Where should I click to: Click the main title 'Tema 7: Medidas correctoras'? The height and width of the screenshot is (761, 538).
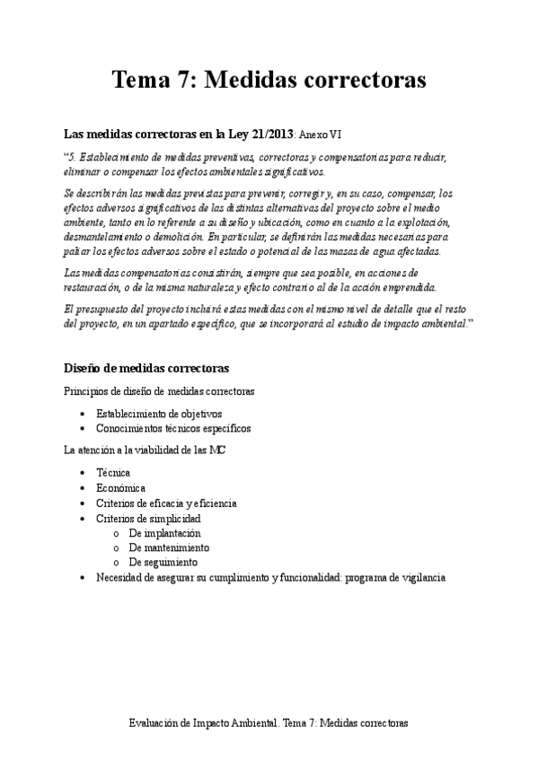click(269, 81)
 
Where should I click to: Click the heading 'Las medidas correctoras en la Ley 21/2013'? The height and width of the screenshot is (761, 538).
click(179, 135)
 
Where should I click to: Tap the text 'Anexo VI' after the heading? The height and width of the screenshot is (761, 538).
click(320, 136)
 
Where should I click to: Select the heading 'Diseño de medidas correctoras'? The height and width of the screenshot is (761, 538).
click(146, 368)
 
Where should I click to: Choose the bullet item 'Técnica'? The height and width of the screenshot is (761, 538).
click(113, 472)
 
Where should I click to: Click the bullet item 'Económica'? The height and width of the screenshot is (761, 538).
click(120, 487)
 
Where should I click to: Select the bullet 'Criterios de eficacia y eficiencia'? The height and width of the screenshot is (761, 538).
click(166, 503)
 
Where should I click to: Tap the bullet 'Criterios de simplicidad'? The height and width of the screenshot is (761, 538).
click(148, 519)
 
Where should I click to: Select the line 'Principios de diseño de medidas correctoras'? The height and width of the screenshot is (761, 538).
click(158, 391)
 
